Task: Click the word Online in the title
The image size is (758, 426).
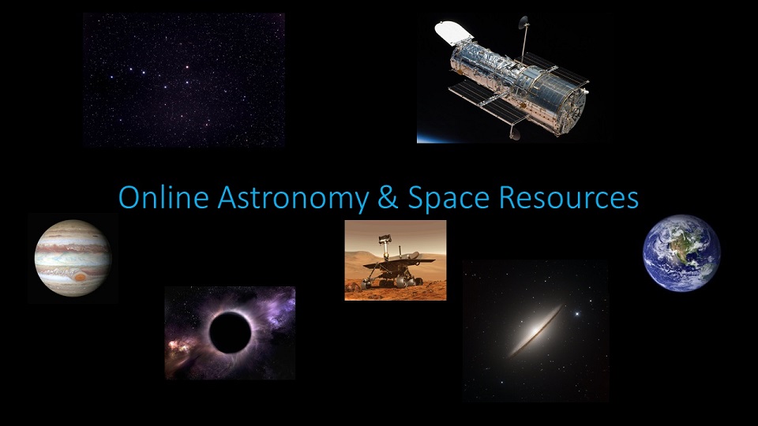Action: tap(163, 197)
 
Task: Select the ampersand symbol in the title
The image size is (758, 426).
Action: tap(388, 197)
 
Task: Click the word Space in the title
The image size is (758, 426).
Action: tap(448, 198)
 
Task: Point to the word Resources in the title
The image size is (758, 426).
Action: tap(568, 197)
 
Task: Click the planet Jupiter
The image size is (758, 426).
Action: tap(73, 258)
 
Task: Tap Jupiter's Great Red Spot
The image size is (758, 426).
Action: tap(81, 277)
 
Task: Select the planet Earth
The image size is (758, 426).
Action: tap(681, 253)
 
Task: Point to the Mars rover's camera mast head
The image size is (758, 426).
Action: tap(385, 238)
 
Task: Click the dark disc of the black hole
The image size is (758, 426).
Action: tap(230, 332)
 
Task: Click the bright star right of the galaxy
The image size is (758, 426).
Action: tap(576, 314)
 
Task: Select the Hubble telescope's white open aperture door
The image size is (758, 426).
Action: tap(453, 32)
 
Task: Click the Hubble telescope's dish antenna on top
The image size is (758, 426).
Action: tap(523, 22)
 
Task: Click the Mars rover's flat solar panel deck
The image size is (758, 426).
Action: tap(400, 262)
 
